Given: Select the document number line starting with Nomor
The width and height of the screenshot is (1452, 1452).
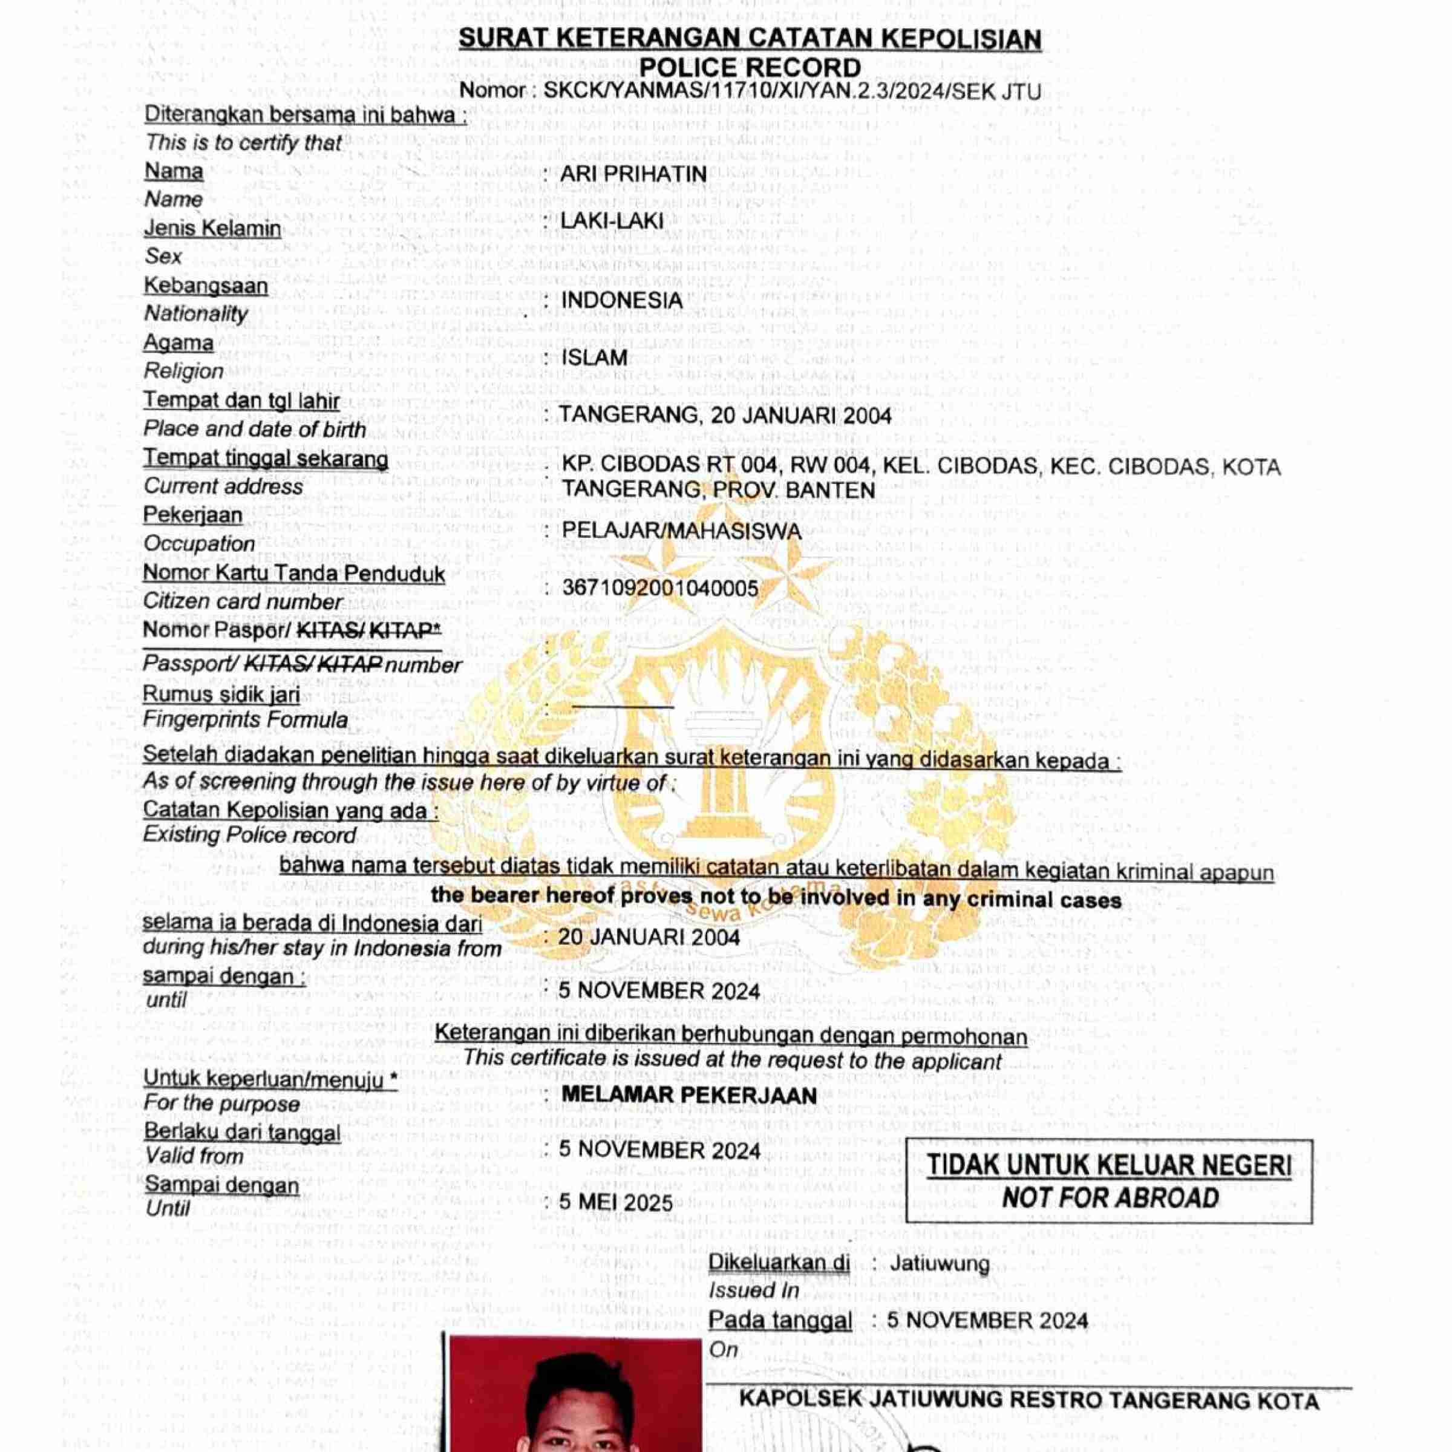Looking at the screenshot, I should pyautogui.click(x=750, y=92).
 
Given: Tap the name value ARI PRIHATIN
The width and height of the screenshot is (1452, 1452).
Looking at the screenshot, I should pyautogui.click(x=633, y=174).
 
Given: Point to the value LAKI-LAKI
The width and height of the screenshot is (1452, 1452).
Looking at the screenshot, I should pyautogui.click(x=612, y=221).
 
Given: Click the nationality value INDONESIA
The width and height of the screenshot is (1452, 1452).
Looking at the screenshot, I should pyautogui.click(x=621, y=300).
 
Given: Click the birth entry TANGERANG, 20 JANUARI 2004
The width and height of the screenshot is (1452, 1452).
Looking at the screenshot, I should pyautogui.click(x=725, y=416).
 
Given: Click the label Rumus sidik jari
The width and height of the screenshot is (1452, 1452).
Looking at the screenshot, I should pyautogui.click(x=221, y=694).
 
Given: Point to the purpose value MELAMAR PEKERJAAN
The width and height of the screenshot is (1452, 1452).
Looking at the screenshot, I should pyautogui.click(x=688, y=1095).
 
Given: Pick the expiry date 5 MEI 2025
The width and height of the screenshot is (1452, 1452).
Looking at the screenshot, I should pyautogui.click(x=615, y=1203).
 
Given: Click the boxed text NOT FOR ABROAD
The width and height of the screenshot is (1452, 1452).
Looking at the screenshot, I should pyautogui.click(x=1110, y=1197).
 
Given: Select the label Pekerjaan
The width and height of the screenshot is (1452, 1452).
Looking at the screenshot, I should pyautogui.click(x=193, y=515).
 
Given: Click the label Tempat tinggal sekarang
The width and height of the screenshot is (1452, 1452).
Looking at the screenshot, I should pyautogui.click(x=266, y=459).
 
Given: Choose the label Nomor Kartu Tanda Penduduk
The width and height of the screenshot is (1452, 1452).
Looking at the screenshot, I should pyautogui.click(x=294, y=574).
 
